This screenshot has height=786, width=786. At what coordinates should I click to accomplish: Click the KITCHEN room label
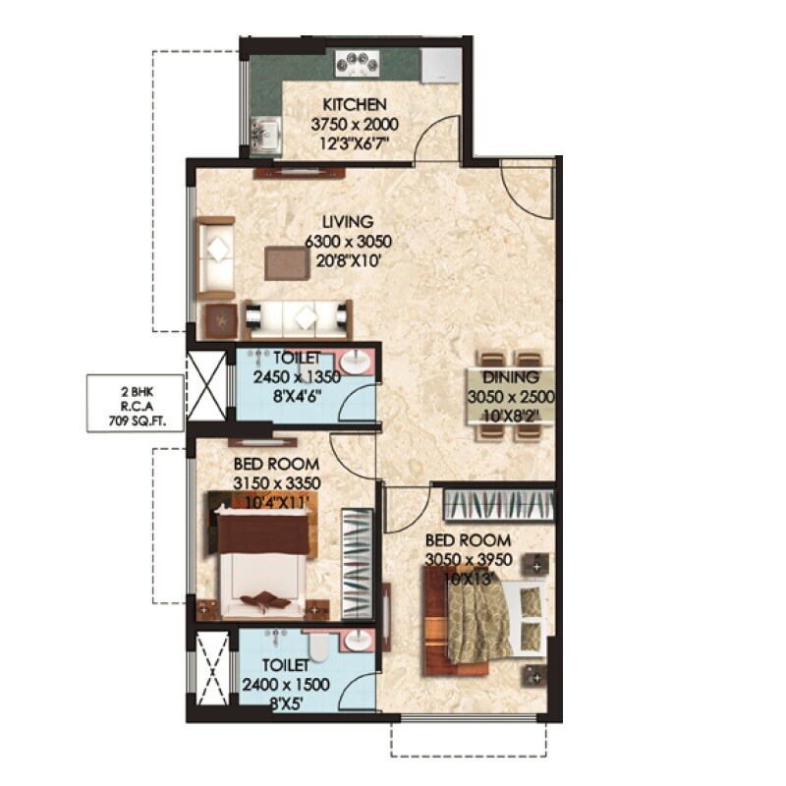[355, 105]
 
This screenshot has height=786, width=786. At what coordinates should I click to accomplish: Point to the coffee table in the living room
[286, 262]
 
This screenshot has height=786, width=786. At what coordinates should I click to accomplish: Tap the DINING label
[510, 377]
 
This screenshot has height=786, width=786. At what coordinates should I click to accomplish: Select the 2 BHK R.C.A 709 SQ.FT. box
[134, 399]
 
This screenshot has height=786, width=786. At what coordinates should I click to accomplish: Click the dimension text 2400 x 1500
[285, 685]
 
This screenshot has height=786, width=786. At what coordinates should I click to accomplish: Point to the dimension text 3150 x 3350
[278, 482]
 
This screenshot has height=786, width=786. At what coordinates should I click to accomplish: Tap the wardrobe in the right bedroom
[499, 504]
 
